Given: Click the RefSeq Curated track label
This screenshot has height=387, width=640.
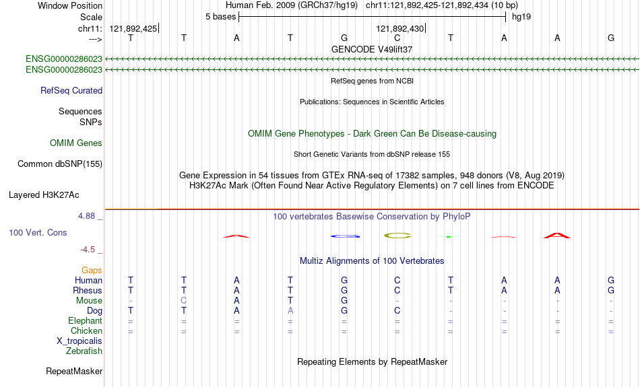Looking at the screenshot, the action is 71,91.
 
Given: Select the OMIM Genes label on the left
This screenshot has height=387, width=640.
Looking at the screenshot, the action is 76,143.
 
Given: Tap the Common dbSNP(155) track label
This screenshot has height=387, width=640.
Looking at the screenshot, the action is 60,164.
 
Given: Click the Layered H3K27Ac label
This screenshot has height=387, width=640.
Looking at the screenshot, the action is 44,195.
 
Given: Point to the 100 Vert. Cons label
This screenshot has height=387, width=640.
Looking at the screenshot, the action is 38,232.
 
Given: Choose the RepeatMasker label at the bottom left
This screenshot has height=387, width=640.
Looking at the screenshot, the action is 74,371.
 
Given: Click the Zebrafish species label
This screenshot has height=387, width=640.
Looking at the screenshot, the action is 84,351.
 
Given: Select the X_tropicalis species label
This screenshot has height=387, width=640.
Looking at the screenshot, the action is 79,341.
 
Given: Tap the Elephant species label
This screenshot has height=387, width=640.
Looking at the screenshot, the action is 86,321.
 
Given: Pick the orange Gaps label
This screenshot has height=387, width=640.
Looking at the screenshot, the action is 92,271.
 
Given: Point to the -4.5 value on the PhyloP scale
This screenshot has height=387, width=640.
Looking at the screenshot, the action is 88,250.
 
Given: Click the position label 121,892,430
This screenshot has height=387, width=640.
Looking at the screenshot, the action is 400,28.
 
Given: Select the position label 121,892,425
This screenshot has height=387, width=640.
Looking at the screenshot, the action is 133,28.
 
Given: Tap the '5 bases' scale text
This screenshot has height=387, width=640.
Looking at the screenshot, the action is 220,17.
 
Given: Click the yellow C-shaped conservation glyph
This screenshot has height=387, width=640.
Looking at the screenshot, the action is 397,236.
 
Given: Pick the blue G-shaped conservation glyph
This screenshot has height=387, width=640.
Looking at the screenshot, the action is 346,236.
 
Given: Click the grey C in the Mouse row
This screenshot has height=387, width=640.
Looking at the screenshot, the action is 184,301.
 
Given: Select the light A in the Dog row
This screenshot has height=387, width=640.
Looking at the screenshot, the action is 290,311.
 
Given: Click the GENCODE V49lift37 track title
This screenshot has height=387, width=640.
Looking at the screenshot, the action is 372,49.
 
